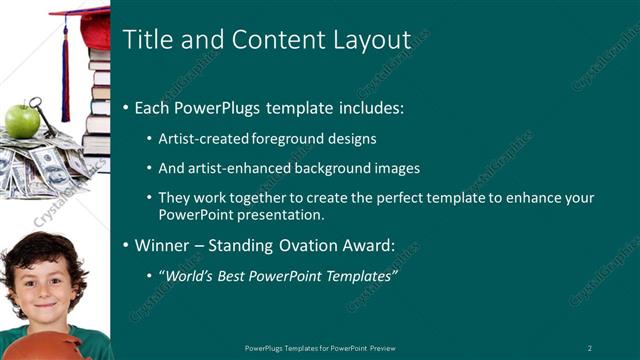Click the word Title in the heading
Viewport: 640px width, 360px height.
[145, 40]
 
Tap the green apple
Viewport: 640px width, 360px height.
[22, 121]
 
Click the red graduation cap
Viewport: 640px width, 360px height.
[85, 25]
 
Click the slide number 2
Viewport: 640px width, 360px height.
[590, 347]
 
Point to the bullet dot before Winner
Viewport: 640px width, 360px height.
[125, 245]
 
